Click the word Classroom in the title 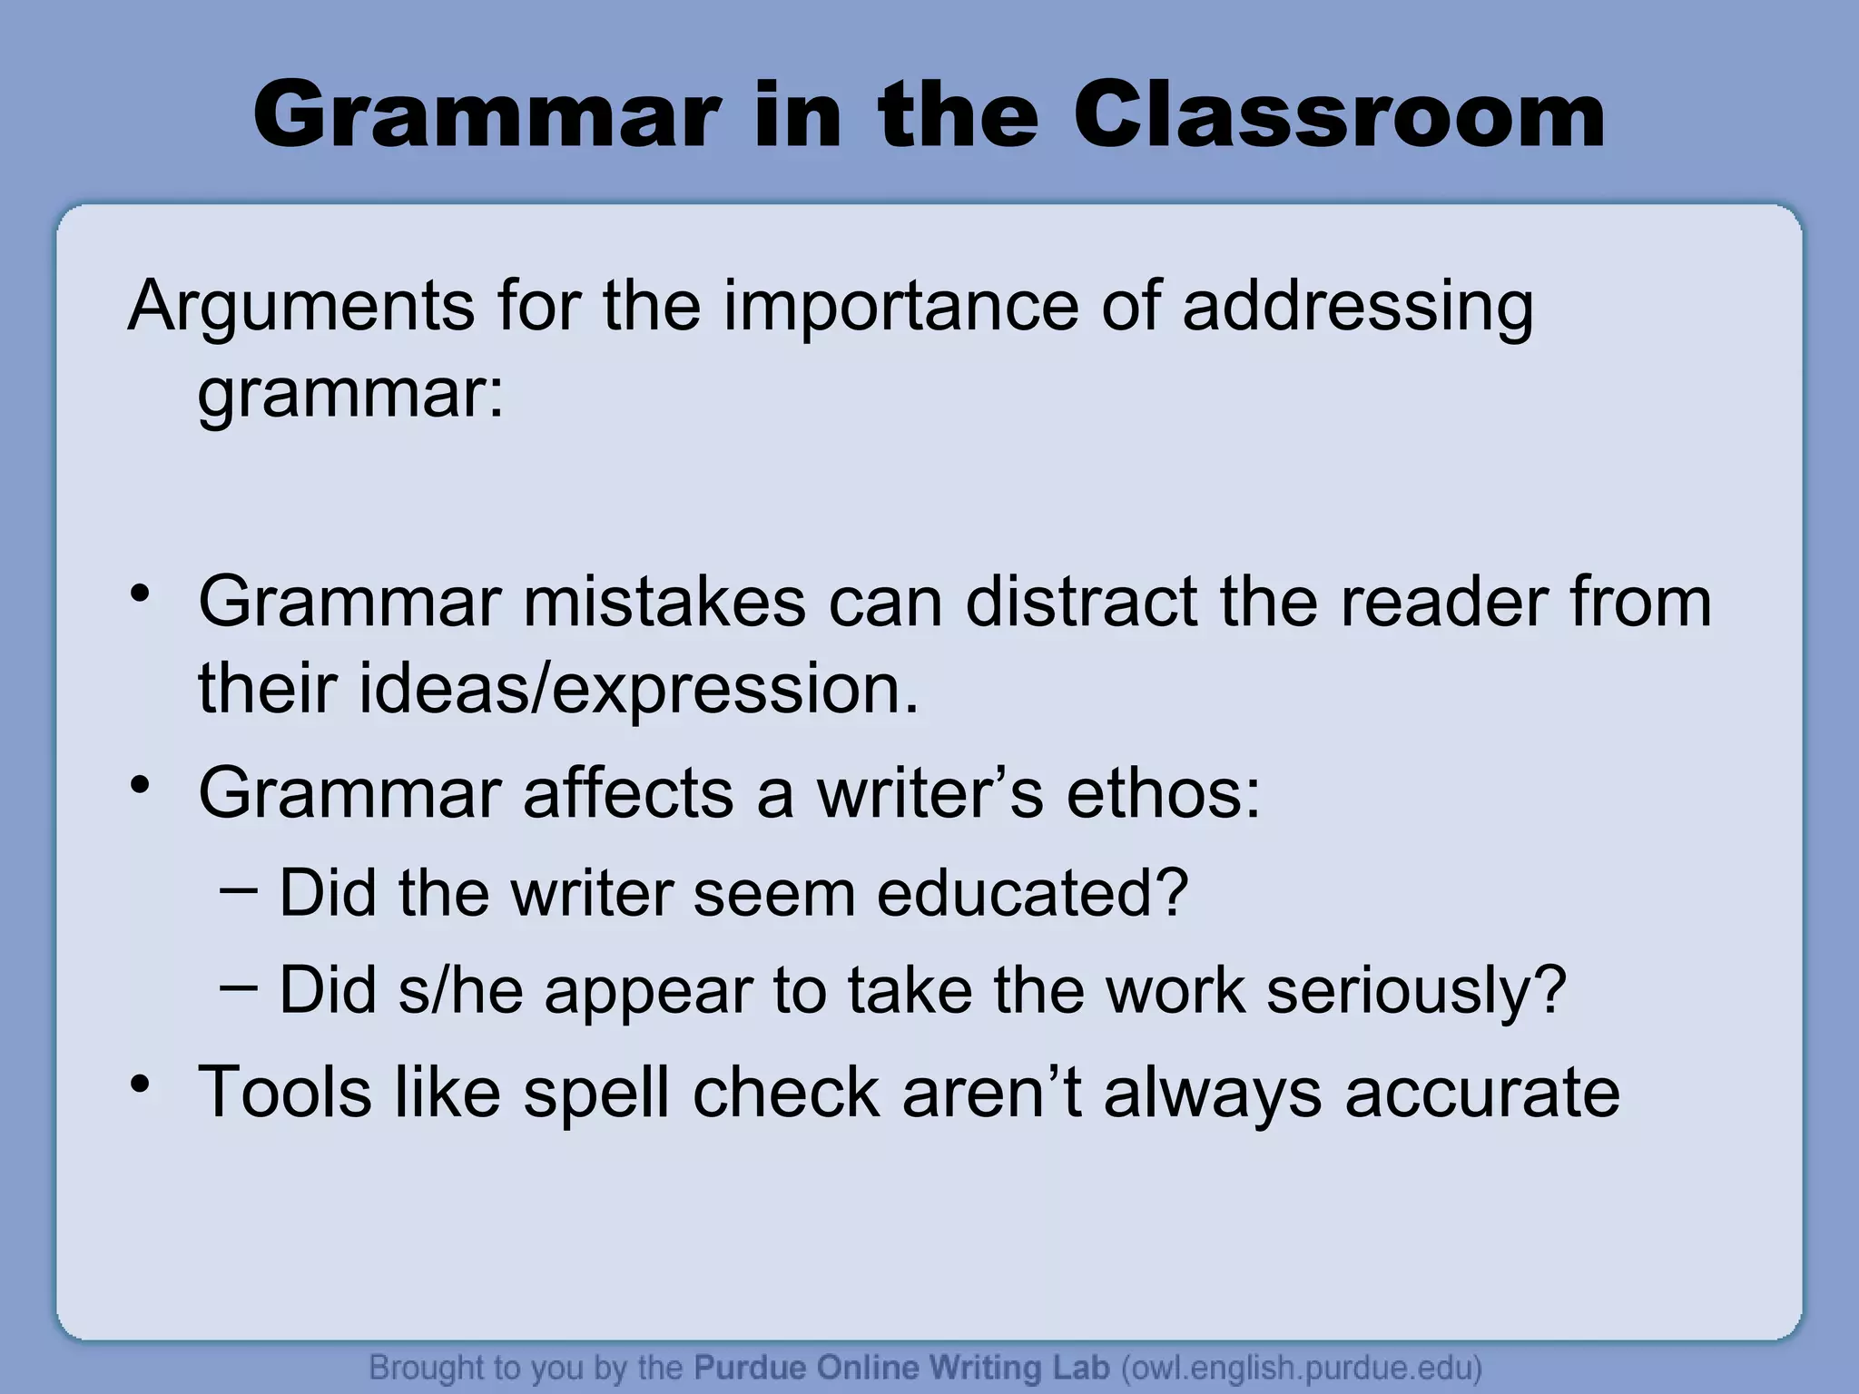coord(1340,116)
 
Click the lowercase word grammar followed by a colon coord(350,396)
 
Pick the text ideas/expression coord(558,689)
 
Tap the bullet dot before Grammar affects coord(140,786)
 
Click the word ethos coord(1163,793)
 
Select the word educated coord(1032,893)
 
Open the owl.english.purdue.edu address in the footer coord(1302,1368)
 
